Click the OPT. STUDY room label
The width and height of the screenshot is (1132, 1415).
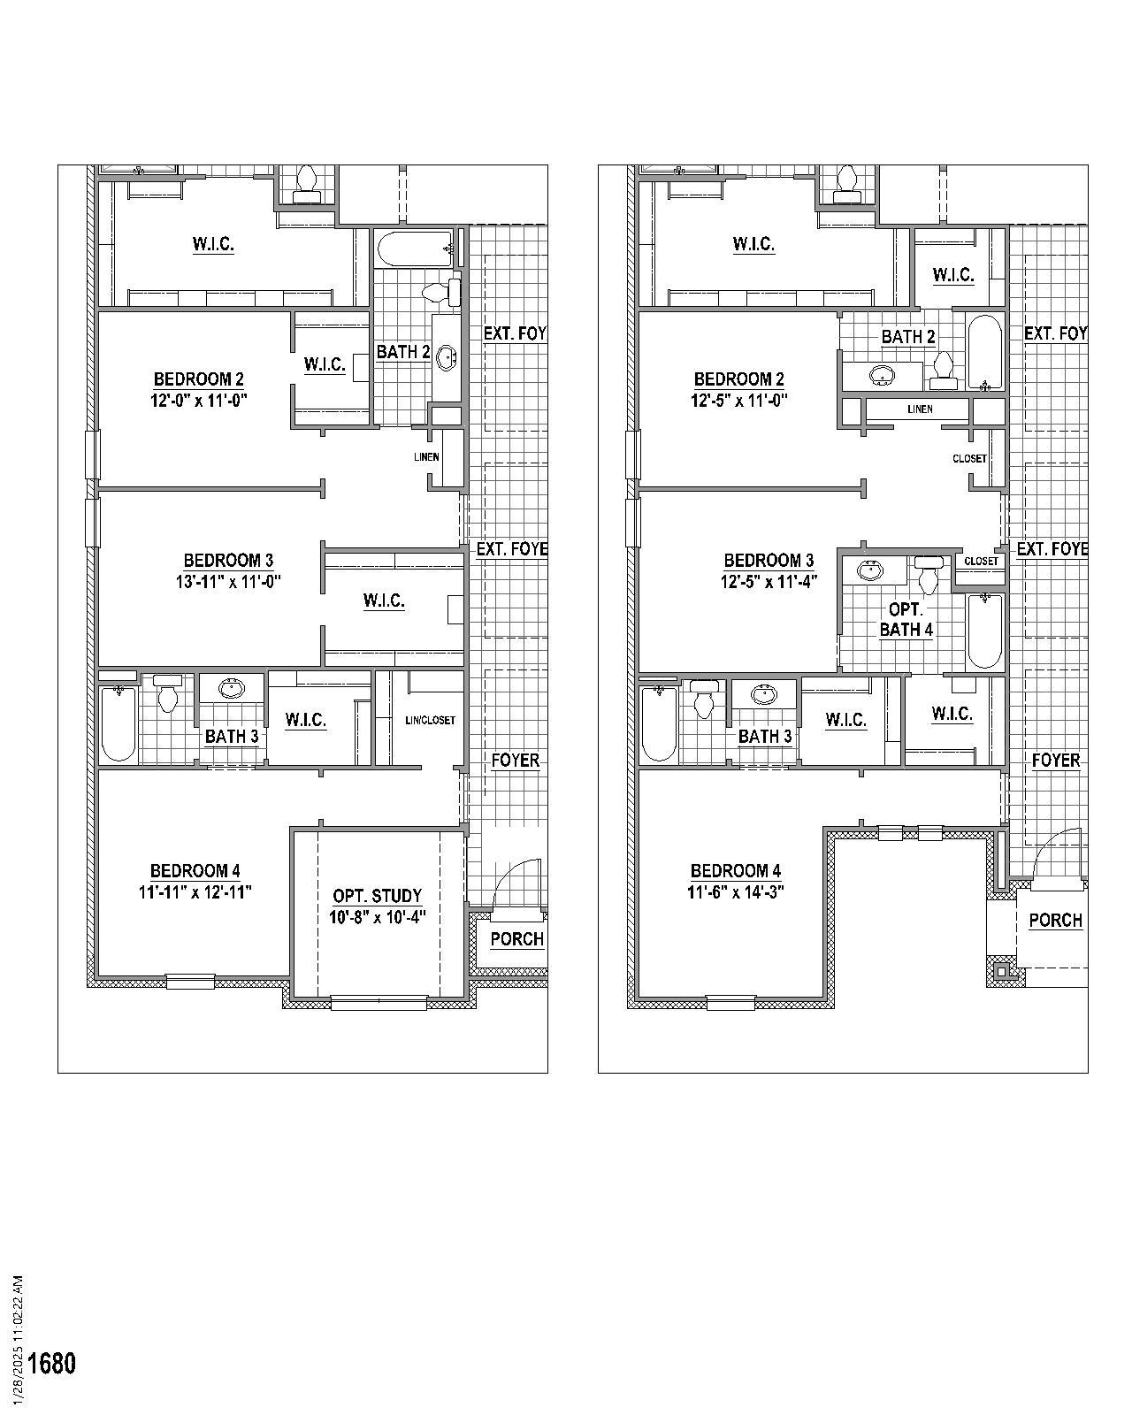377,896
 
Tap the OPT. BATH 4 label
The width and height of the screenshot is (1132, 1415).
906,620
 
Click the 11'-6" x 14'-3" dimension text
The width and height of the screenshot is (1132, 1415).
735,892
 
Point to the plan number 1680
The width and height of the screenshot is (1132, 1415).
52,1363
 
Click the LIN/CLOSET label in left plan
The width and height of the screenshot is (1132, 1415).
431,720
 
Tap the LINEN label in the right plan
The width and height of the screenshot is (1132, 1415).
920,409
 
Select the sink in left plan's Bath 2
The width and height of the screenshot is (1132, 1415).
447,358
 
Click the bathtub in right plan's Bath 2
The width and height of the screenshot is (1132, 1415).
984,353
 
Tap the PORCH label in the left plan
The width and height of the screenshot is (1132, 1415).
516,939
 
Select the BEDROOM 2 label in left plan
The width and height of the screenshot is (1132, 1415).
199,379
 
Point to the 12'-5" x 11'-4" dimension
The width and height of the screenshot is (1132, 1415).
769,581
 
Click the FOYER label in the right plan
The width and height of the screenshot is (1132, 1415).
1056,761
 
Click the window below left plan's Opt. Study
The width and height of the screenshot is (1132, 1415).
379,1002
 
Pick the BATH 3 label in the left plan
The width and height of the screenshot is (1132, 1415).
232,736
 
